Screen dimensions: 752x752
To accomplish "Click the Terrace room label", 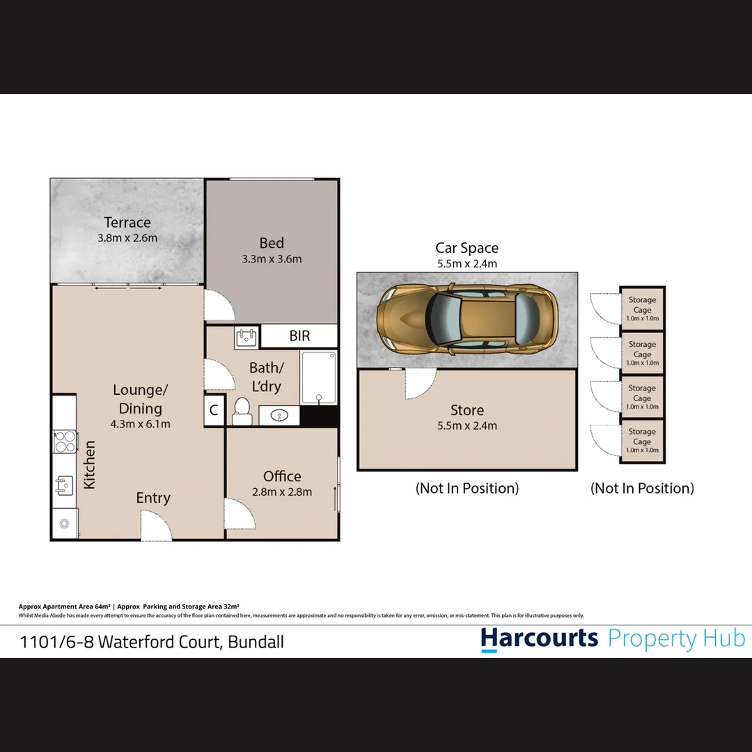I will click(127, 223).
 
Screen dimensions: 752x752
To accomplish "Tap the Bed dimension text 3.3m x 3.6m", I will click(272, 259).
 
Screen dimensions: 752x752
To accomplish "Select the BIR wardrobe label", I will click(299, 336).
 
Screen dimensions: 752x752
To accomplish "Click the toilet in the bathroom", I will click(242, 411).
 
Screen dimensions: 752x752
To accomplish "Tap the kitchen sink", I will click(65, 485).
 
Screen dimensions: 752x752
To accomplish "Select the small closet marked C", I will click(214, 411).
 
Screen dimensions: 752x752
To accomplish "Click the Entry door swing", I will click(156, 526).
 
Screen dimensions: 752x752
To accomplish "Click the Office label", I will click(282, 476).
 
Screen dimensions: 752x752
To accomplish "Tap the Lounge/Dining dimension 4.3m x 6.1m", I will click(140, 423).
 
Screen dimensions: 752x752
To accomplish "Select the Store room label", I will click(467, 410).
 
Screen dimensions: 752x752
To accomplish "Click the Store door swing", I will click(420, 382).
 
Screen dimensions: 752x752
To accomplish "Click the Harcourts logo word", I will click(539, 639).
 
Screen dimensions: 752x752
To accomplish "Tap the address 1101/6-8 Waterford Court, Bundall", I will click(152, 641).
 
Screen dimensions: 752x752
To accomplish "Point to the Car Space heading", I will click(467, 248).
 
